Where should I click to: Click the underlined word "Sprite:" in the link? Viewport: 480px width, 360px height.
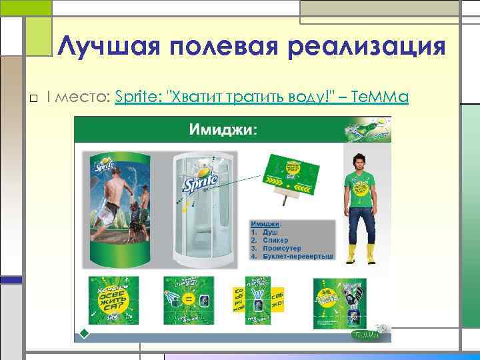click(x=140, y=98)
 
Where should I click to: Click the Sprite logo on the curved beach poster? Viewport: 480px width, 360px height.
click(x=107, y=162)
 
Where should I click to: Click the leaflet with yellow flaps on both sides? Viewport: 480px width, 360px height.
click(x=258, y=301)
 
